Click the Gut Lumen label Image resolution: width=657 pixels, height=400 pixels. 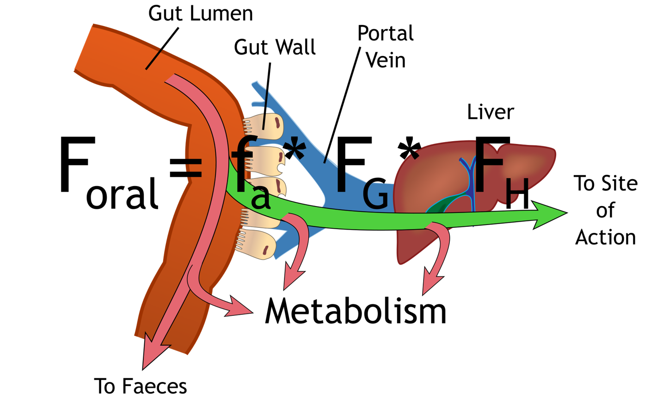pyautogui.click(x=200, y=13)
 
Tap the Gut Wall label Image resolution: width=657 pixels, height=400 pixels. pyautogui.click(x=275, y=47)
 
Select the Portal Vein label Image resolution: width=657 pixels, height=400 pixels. pyautogui.click(x=386, y=47)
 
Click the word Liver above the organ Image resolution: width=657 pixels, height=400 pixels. pyautogui.click(x=490, y=112)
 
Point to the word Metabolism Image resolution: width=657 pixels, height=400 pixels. pyautogui.click(x=356, y=311)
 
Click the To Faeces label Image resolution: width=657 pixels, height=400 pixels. pyautogui.click(x=141, y=386)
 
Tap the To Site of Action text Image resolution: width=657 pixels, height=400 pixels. pyautogui.click(x=606, y=210)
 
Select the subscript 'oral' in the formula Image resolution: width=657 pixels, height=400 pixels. pyautogui.click(x=122, y=194)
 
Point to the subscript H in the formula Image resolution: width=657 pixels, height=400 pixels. pyautogui.click(x=517, y=194)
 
